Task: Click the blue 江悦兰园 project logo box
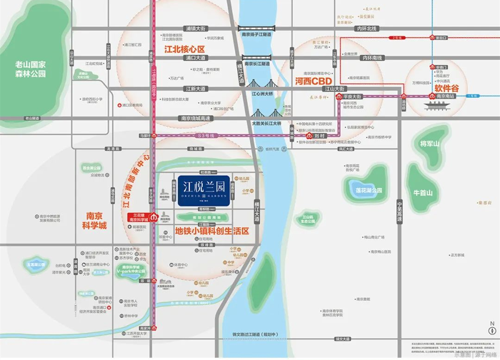click(x=204, y=189)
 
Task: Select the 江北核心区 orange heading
click(x=184, y=48)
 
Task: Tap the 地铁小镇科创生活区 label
click(x=212, y=230)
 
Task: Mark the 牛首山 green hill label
click(x=423, y=192)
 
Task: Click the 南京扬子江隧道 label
click(x=256, y=34)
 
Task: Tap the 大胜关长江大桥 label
click(x=266, y=123)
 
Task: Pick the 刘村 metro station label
click(x=319, y=137)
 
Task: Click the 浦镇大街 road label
click(x=194, y=28)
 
